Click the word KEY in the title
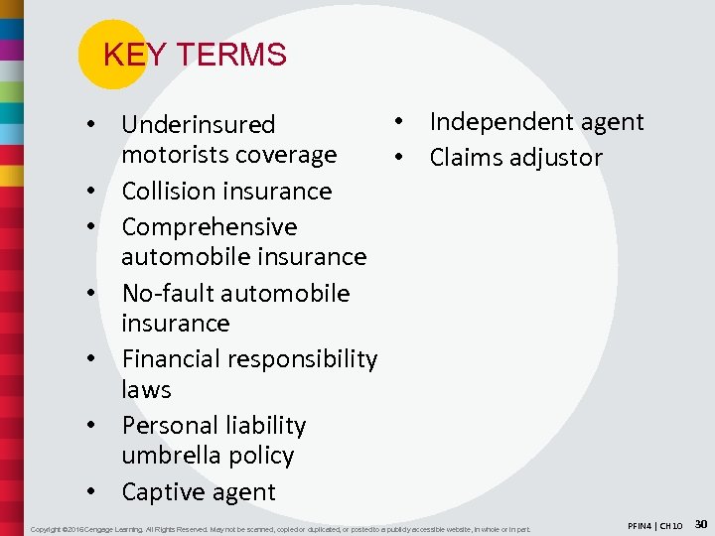pos(125,55)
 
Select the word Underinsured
pos(198,125)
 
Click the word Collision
pos(172,191)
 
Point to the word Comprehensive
pos(209,227)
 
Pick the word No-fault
pos(170,294)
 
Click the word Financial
pos(175,359)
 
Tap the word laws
pos(146,390)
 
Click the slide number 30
pos(701,523)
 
